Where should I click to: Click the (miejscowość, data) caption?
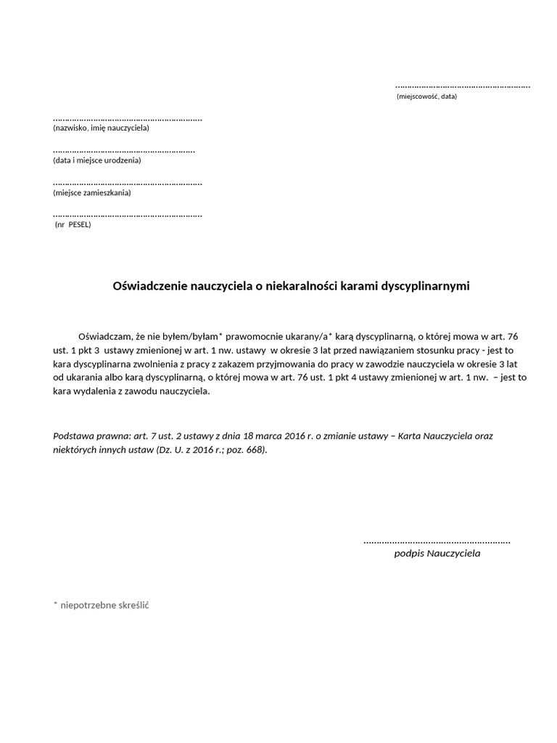426,97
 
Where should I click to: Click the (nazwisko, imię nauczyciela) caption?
101,128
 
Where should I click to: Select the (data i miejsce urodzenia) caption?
97,160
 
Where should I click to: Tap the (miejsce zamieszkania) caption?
92,193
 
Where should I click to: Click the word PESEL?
79,225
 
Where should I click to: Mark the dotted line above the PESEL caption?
128,215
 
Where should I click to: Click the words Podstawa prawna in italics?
86,437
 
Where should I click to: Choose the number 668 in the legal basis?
255,450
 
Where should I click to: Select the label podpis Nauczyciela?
437,554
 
